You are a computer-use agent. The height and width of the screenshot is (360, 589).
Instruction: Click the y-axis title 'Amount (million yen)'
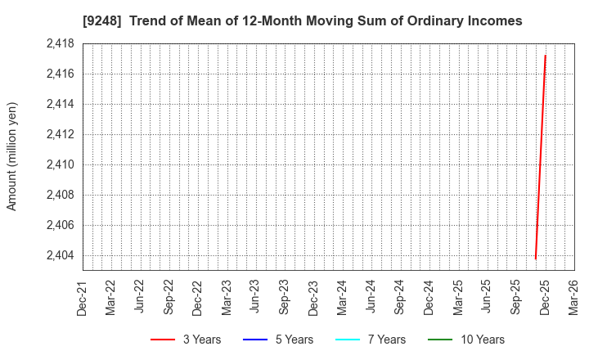pos(12,156)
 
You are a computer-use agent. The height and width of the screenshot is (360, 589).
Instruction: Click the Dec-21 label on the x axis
pos(82,296)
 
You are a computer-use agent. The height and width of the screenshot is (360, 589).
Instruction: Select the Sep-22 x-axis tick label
pos(169,296)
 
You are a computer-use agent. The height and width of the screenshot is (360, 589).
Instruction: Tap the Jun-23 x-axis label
pos(255,296)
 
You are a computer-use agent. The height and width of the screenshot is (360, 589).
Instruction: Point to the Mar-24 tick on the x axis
pos(342,296)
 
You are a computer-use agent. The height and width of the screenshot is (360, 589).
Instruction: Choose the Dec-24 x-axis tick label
pos(429,296)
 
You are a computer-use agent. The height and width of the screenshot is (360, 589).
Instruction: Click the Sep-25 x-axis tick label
pos(515,296)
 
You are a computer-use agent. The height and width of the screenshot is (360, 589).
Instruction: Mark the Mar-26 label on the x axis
pos(573,296)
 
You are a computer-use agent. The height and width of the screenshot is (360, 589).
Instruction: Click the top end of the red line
pos(545,56)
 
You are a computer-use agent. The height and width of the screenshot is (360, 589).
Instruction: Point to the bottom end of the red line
pos(536,259)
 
